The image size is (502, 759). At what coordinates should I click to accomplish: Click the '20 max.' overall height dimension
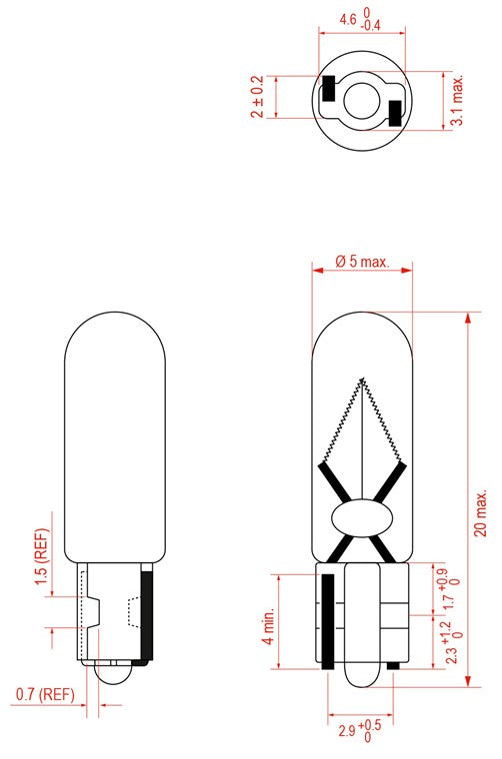481,499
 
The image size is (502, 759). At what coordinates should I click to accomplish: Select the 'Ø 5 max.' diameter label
361,262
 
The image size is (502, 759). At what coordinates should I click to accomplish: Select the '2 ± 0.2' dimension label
256,97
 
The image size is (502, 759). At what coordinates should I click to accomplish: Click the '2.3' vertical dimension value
446,649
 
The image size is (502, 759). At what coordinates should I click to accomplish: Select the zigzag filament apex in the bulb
363,380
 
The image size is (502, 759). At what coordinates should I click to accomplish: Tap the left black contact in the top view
327,89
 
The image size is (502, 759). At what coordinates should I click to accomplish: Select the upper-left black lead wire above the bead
334,483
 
